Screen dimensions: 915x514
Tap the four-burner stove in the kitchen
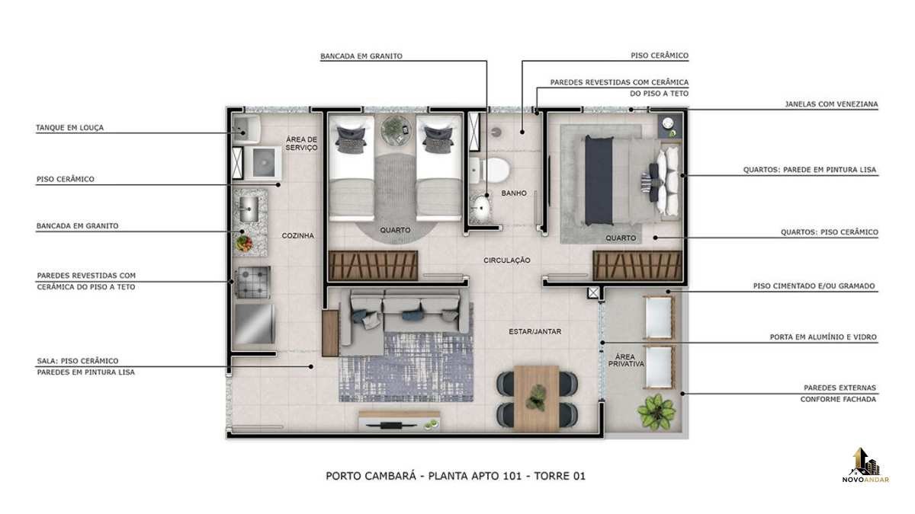coord(253,282)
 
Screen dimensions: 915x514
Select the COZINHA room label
coord(298,235)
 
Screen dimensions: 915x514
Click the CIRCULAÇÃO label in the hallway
coord(507,260)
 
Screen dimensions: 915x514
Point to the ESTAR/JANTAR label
coord(535,332)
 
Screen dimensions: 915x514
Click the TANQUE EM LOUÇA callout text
coord(70,128)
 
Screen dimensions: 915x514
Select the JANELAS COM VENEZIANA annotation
coord(831,104)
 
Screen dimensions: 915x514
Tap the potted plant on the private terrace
coord(656,411)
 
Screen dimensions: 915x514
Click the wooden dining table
coord(536,397)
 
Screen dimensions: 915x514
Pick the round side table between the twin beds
coord(396,130)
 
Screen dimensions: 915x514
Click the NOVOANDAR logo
coord(865,466)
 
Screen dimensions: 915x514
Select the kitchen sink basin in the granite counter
coord(249,209)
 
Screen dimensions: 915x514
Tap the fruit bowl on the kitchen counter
coord(244,244)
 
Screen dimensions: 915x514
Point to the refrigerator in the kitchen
coord(254,324)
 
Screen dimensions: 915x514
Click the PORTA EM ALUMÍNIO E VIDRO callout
coord(823,337)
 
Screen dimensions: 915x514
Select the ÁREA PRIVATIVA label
coord(626,360)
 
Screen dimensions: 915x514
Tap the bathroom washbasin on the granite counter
coord(480,208)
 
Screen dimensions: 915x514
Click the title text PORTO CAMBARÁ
coord(371,476)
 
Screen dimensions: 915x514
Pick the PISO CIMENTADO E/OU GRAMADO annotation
coord(814,286)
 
